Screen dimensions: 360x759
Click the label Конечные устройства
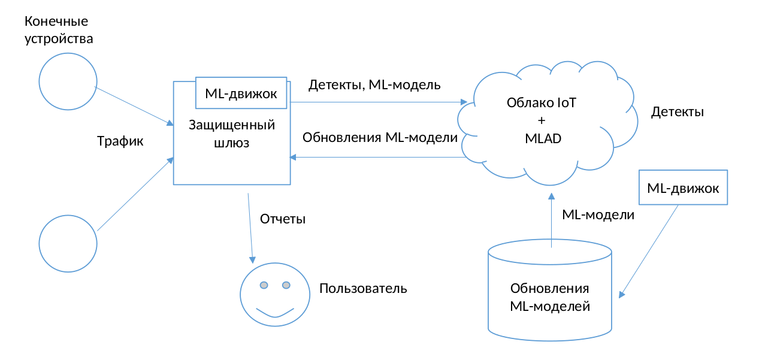(59, 31)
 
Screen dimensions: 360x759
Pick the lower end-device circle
(68, 244)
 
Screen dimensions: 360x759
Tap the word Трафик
(120, 142)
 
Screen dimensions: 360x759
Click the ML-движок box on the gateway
(241, 93)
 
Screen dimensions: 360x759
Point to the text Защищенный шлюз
(231, 134)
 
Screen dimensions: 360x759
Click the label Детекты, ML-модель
(374, 85)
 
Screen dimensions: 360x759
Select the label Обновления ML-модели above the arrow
(380, 137)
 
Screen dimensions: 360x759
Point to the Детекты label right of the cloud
(677, 112)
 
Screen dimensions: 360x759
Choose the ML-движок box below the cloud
(683, 187)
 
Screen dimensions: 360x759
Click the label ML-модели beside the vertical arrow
(598, 214)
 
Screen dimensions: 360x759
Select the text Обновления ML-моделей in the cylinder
(550, 297)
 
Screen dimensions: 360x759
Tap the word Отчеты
(283, 219)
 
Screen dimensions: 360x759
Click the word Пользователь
(363, 288)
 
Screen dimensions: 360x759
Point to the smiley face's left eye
(264, 285)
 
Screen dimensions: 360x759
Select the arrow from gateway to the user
(250, 228)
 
